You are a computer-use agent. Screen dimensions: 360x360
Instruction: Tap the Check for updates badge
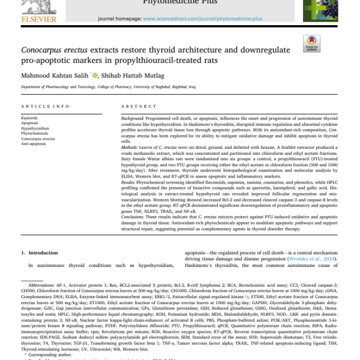(x=312, y=44)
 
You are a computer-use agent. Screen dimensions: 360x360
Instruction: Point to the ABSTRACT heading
(x=139, y=106)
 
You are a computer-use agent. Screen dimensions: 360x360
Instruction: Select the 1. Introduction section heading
(x=40, y=254)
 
